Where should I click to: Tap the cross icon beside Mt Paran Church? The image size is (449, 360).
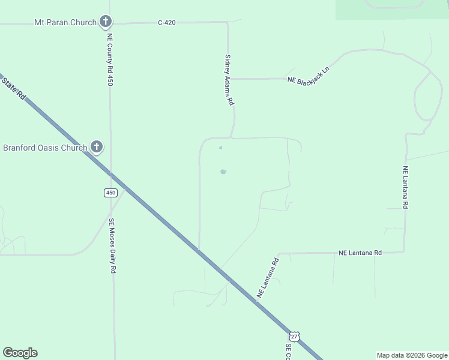[106, 22]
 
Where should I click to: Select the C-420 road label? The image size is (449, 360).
[167, 23]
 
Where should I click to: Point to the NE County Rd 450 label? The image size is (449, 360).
[110, 59]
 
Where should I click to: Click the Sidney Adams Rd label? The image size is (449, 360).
[229, 80]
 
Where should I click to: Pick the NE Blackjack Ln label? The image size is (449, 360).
[309, 75]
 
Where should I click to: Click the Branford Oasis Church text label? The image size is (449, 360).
[46, 148]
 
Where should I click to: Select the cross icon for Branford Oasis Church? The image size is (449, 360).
[96, 147]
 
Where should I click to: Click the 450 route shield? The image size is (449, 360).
[110, 193]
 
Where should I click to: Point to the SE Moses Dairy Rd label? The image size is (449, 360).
[112, 245]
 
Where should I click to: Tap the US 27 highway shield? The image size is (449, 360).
[294, 337]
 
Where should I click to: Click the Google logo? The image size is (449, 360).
[20, 353]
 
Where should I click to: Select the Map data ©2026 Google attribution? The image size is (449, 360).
[412, 355]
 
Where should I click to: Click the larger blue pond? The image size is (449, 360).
[223, 172]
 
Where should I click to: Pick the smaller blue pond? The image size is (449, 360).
[220, 148]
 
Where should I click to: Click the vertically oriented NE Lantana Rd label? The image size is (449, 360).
[406, 187]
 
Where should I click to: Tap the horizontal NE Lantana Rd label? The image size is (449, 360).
[360, 253]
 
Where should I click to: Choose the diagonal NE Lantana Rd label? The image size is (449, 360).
[268, 278]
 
